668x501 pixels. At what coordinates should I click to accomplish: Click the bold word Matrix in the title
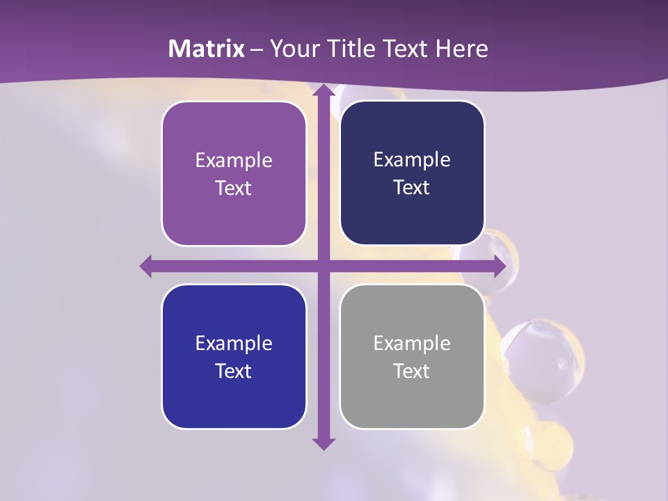click(207, 49)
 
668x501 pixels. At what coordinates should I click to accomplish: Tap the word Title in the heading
click(371, 49)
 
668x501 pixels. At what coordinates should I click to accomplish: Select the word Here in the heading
click(462, 49)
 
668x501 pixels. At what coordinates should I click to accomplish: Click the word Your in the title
click(294, 49)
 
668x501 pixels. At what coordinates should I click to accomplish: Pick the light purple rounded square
click(234, 173)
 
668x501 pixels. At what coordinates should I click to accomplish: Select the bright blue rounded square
click(234, 356)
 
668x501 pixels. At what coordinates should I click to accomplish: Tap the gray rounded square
click(412, 356)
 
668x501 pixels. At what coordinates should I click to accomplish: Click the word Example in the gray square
click(412, 343)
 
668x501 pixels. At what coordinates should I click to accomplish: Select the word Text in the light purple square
click(234, 188)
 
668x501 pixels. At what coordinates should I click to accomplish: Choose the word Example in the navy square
click(412, 159)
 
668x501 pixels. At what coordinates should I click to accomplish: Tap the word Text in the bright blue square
click(234, 371)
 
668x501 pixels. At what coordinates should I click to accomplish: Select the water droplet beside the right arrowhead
click(502, 250)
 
